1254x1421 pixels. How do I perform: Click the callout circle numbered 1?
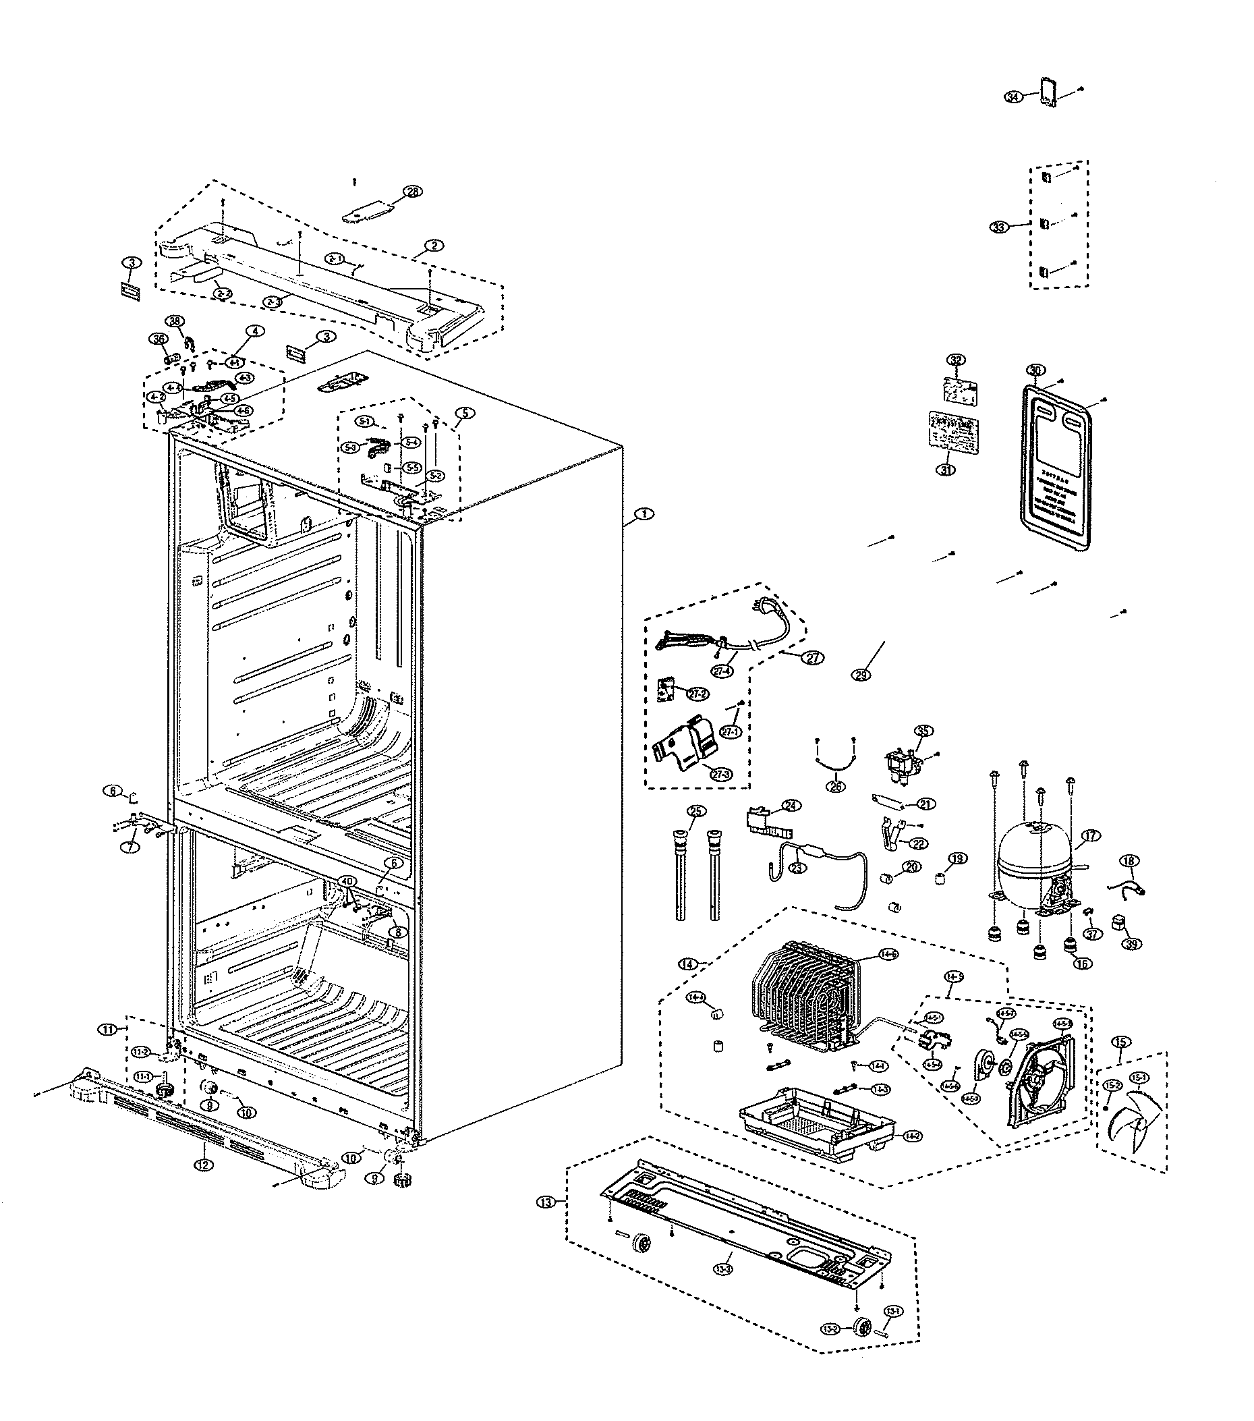[x=644, y=513]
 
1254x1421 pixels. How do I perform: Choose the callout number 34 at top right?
[x=1014, y=97]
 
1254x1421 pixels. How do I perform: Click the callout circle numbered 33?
[x=999, y=227]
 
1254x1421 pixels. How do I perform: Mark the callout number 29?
[x=861, y=674]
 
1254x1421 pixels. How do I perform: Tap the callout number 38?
[x=175, y=321]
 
